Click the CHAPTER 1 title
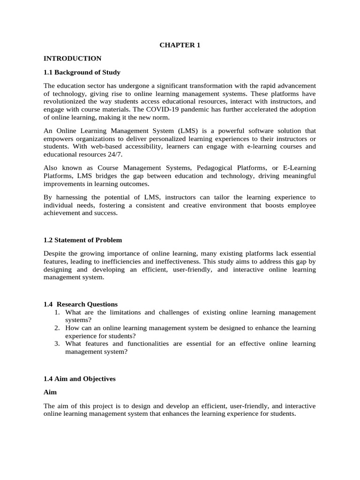[180, 45]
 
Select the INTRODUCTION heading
[72, 59]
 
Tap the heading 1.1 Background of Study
[82, 72]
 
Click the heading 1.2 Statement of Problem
[82, 240]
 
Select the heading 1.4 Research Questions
[81, 304]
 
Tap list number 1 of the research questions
[57, 312]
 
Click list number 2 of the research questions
[57, 328]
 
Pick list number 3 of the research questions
[57, 344]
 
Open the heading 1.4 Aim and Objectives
[79, 379]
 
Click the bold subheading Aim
[50, 392]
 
